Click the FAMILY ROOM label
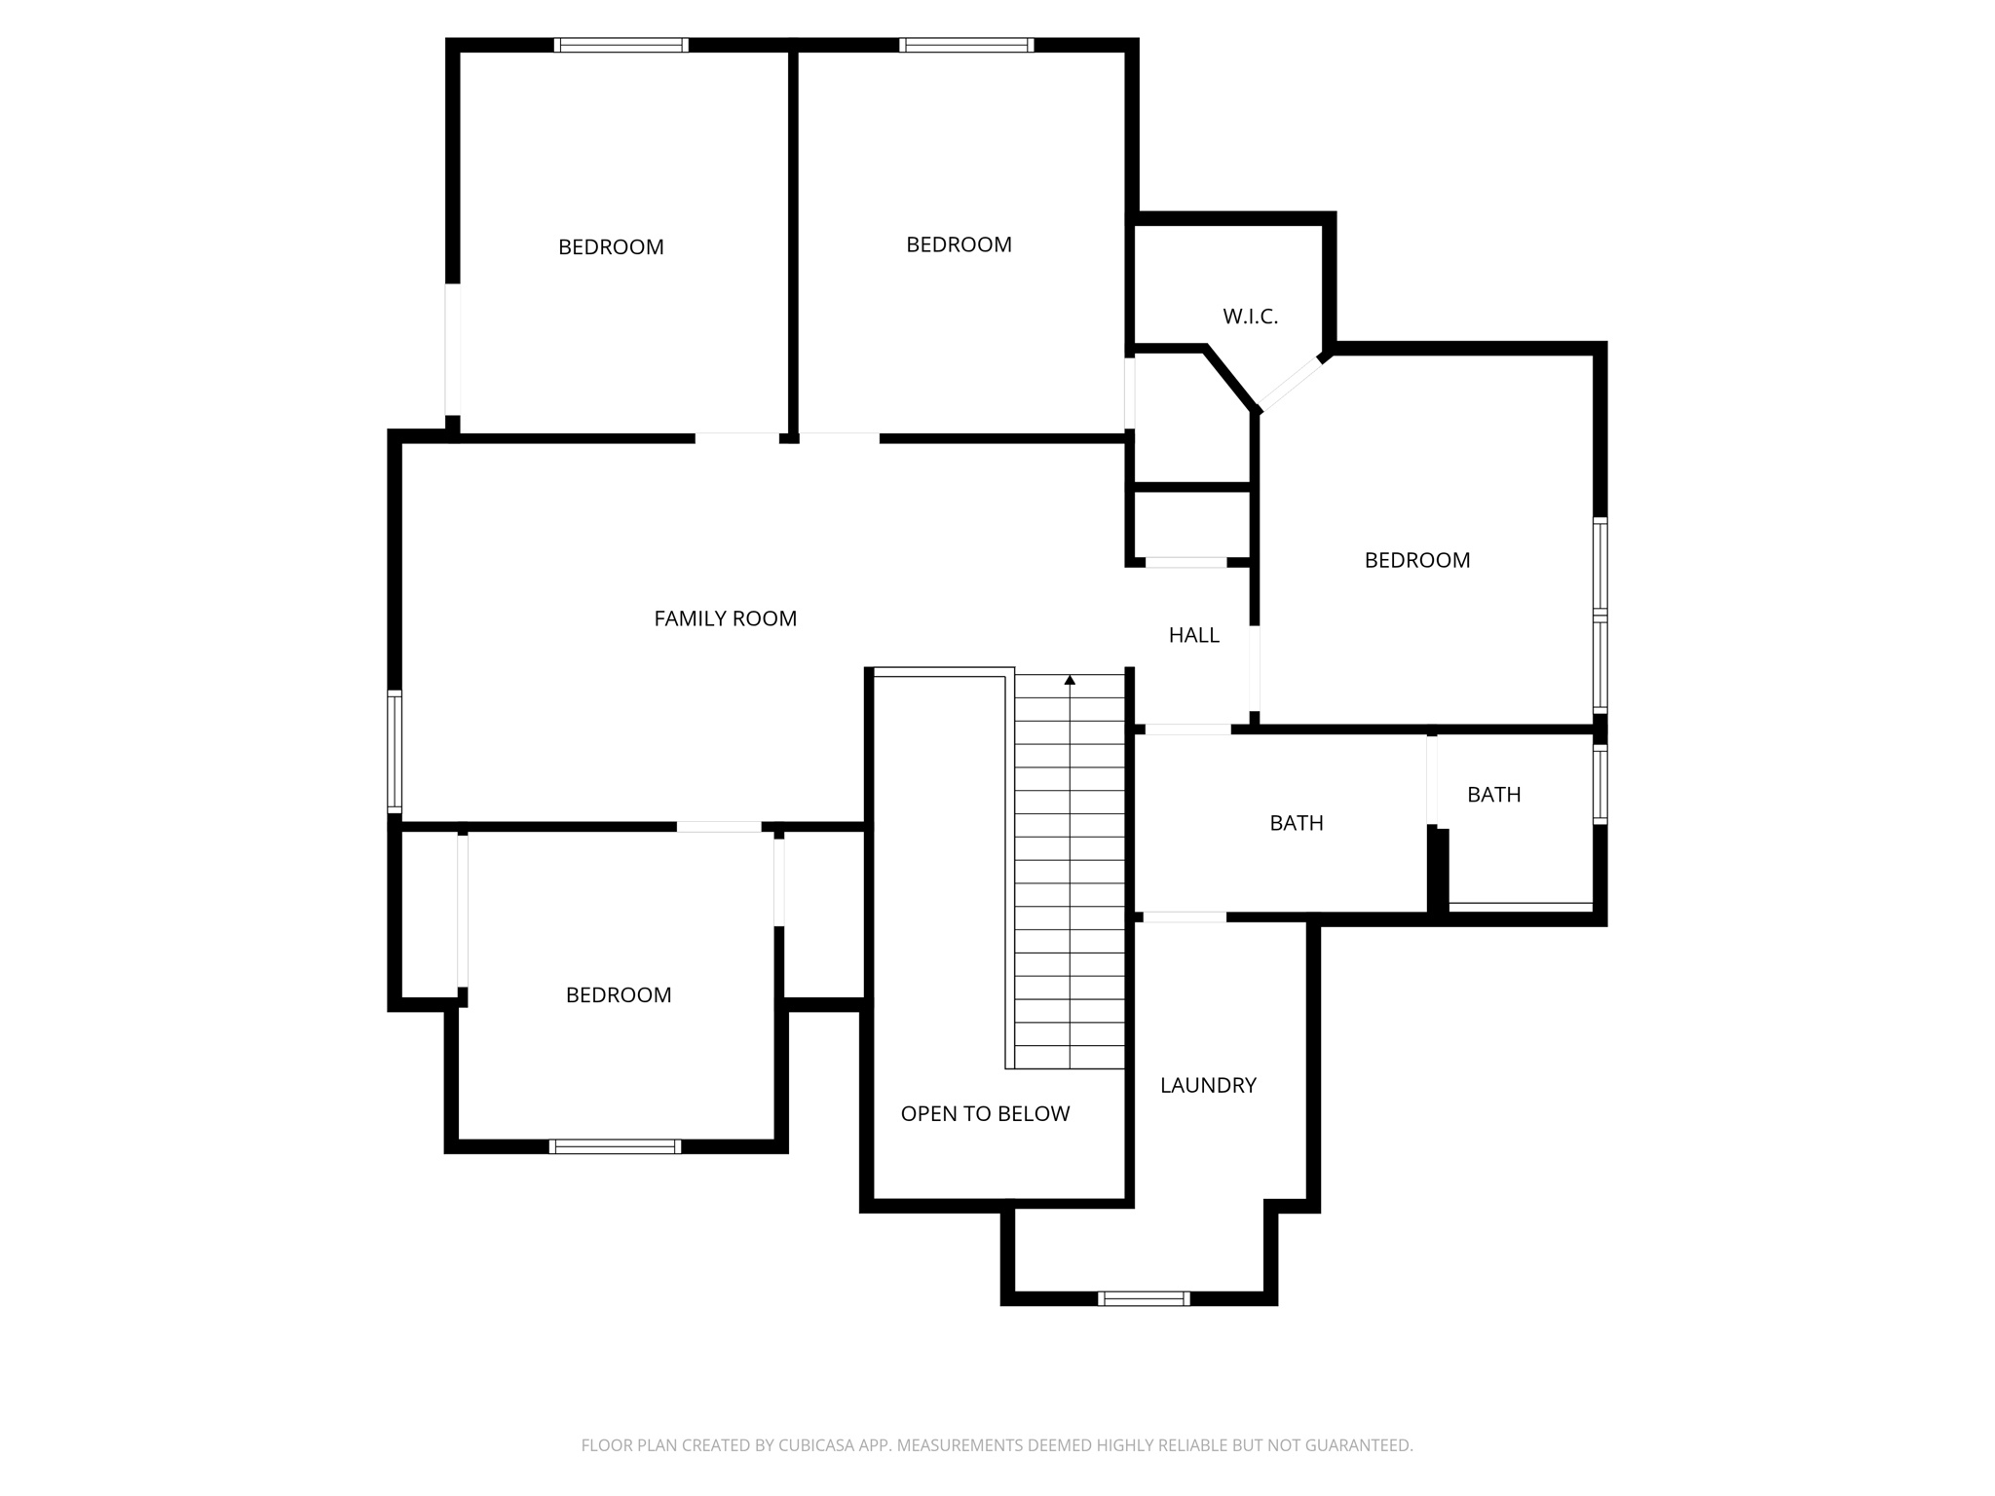click(x=725, y=618)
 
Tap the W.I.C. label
click(x=1250, y=317)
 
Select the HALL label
click(x=1193, y=635)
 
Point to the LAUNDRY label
click(x=1208, y=1085)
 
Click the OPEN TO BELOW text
click(x=985, y=1113)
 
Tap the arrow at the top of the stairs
click(x=1070, y=680)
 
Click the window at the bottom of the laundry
click(x=1144, y=1298)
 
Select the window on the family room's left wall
click(x=395, y=751)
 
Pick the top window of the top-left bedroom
click(x=621, y=45)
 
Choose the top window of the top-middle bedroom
click(x=965, y=45)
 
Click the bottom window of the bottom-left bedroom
click(x=615, y=1146)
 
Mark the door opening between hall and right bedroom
click(x=1255, y=669)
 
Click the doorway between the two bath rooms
click(x=1432, y=780)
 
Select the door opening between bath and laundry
click(x=1185, y=917)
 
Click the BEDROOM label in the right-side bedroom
click(x=1416, y=560)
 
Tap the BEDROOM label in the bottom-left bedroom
click(x=619, y=994)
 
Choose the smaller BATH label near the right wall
click(x=1493, y=795)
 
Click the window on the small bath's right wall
click(x=1600, y=784)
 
